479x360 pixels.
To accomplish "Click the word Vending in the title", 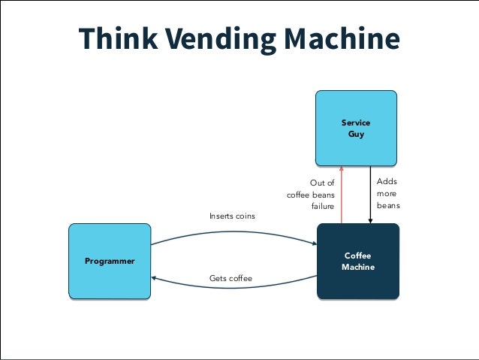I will [218, 40].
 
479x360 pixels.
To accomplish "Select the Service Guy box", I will [355, 127].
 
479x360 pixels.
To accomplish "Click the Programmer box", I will [110, 261].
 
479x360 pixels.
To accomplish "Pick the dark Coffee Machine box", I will [358, 261].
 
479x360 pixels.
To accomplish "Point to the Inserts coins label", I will [232, 216].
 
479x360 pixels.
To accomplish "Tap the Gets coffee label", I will [230, 279].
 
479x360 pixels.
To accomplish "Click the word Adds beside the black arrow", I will [387, 182].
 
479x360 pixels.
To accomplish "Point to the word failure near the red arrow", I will [323, 206].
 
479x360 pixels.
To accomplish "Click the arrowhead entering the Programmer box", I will [154, 277].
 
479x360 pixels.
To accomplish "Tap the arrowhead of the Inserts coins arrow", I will [313, 244].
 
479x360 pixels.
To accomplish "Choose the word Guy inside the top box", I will [356, 134].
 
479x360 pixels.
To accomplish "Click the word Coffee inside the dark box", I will [358, 256].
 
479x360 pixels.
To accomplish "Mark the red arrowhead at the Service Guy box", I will [342, 168].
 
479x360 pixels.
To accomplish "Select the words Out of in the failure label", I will [322, 183].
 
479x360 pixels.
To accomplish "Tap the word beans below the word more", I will [388, 205].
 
